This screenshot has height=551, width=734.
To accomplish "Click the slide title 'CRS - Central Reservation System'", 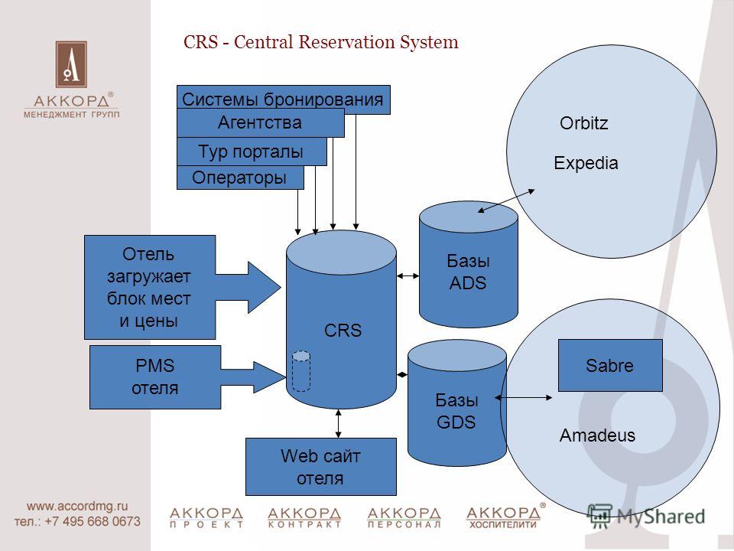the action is [320, 42].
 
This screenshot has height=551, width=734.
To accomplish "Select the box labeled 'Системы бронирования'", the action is [283, 99].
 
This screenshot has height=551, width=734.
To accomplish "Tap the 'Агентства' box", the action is [260, 123].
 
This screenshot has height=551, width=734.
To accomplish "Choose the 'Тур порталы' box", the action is [252, 152].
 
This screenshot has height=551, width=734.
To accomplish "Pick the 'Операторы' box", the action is [240, 178].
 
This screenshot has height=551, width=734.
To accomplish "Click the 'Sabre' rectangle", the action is [610, 366].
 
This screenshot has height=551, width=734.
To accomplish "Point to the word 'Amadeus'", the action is [597, 435].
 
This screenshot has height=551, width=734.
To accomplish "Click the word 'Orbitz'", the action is [583, 123].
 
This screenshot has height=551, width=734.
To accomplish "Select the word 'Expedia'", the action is [586, 163].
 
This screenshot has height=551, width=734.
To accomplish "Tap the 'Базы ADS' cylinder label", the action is [468, 272].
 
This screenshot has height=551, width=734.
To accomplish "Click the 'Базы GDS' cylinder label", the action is [456, 411].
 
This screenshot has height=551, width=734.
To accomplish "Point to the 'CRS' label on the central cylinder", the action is [343, 331].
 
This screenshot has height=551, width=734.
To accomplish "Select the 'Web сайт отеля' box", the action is [320, 467].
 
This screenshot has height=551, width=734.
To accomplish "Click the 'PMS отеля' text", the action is [155, 377].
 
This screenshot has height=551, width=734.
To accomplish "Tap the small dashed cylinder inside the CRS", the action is [301, 370].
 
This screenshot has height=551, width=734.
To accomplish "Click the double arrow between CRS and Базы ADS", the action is [408, 276].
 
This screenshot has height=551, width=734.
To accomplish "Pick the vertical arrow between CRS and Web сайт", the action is [339, 423].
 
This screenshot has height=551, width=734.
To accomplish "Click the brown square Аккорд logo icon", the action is [71, 64].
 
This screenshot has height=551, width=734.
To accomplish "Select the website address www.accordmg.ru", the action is [77, 506].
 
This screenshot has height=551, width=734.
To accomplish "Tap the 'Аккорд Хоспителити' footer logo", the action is [505, 517].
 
